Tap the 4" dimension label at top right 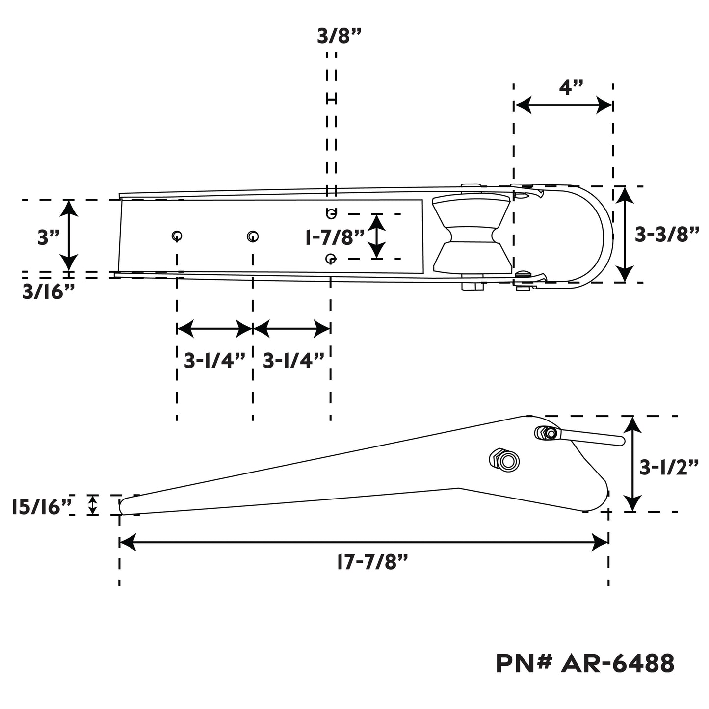[571, 89]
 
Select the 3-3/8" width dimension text [666, 235]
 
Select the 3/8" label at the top [339, 36]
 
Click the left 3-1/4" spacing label [214, 361]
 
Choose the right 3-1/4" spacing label [293, 361]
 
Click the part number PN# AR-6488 [585, 664]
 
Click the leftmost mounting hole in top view [177, 236]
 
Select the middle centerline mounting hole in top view [252, 236]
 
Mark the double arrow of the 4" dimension [563, 105]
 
